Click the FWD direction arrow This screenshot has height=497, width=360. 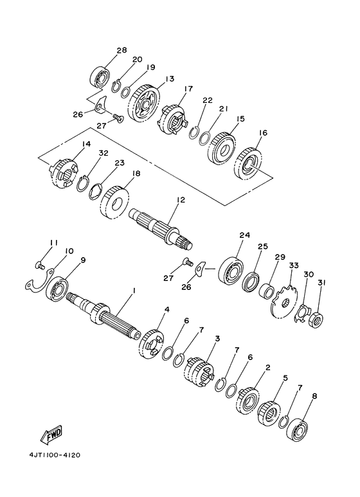[51, 434]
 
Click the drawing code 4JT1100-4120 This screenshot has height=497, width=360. [55, 455]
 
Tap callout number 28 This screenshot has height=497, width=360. [122, 50]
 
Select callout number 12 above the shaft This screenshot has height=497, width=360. [181, 200]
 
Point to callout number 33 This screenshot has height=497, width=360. [294, 265]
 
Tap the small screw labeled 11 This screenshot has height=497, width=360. [39, 265]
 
